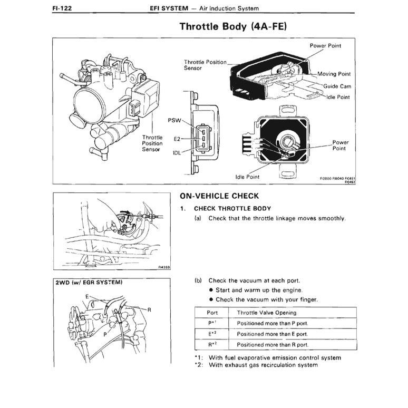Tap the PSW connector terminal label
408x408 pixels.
tap(174, 120)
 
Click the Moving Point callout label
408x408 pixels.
tap(334, 74)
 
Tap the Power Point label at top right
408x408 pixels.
tap(325, 46)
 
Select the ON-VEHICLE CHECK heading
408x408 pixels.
tap(219, 196)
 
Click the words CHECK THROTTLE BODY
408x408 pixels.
tap(232, 208)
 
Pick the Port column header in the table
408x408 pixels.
tap(212, 312)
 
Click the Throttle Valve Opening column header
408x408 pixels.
tap(263, 312)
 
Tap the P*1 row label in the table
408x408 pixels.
tap(212, 323)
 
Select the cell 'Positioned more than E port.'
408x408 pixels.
tap(272, 334)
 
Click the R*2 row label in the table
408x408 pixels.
tap(212, 344)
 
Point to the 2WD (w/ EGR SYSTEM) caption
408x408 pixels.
tap(89, 283)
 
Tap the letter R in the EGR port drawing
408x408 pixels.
tap(149, 310)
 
